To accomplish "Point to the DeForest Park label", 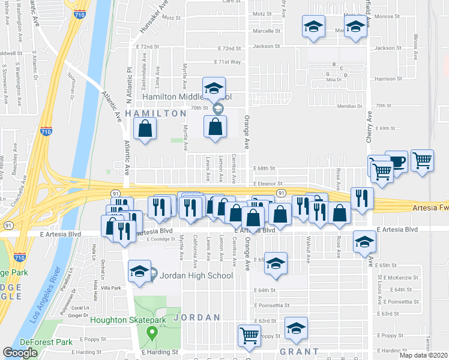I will [45, 342].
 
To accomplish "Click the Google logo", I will [20, 353].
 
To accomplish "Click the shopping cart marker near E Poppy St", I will [249, 336].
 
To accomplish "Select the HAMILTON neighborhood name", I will [155, 113].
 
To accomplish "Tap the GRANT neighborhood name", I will [298, 351].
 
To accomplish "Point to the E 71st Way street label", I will [228, 62].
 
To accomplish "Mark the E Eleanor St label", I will [267, 184].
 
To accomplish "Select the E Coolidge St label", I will [160, 239].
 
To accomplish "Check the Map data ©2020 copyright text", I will [424, 355].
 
